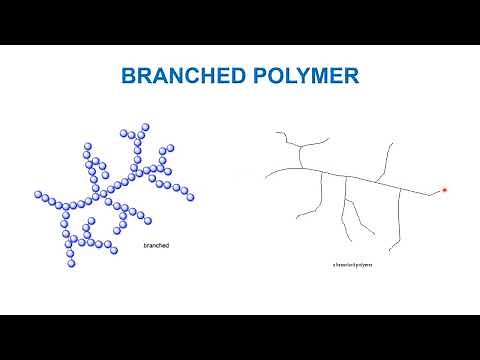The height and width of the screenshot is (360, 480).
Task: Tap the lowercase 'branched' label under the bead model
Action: pyautogui.click(x=156, y=244)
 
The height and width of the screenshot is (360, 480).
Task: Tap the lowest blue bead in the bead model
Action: pyautogui.click(x=71, y=264)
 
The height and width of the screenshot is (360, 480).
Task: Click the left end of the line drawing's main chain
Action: pyautogui.click(x=266, y=177)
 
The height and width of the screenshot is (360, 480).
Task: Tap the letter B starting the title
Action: pyautogui.click(x=127, y=76)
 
